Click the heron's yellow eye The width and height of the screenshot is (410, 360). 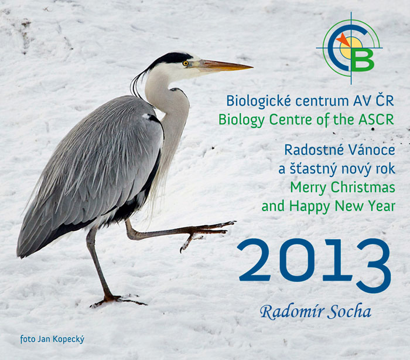(186, 63)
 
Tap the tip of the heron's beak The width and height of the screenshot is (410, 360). (252, 67)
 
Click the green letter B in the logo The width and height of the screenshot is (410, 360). (363, 60)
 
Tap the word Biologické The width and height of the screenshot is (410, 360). (258, 101)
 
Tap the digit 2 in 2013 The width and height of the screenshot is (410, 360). (254, 260)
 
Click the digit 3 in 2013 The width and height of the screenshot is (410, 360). (373, 266)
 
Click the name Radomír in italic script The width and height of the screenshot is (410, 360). (292, 312)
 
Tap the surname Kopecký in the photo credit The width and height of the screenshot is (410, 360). (69, 339)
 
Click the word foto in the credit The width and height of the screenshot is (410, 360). (28, 339)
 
